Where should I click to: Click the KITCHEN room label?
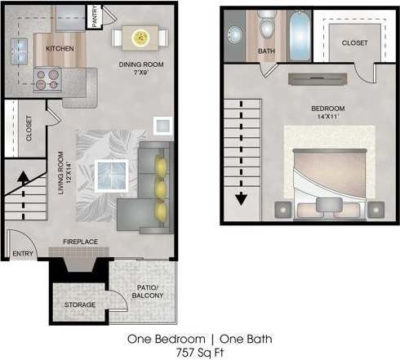tap(60, 48)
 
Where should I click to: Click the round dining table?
tap(140, 36)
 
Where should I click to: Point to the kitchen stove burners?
tap(47, 78)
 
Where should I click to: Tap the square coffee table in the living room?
tap(109, 174)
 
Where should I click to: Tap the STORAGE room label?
tap(80, 304)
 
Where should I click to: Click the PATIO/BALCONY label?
tap(148, 291)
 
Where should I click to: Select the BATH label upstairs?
tap(266, 51)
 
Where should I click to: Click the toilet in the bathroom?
tap(266, 29)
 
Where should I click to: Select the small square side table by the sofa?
tap(162, 126)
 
